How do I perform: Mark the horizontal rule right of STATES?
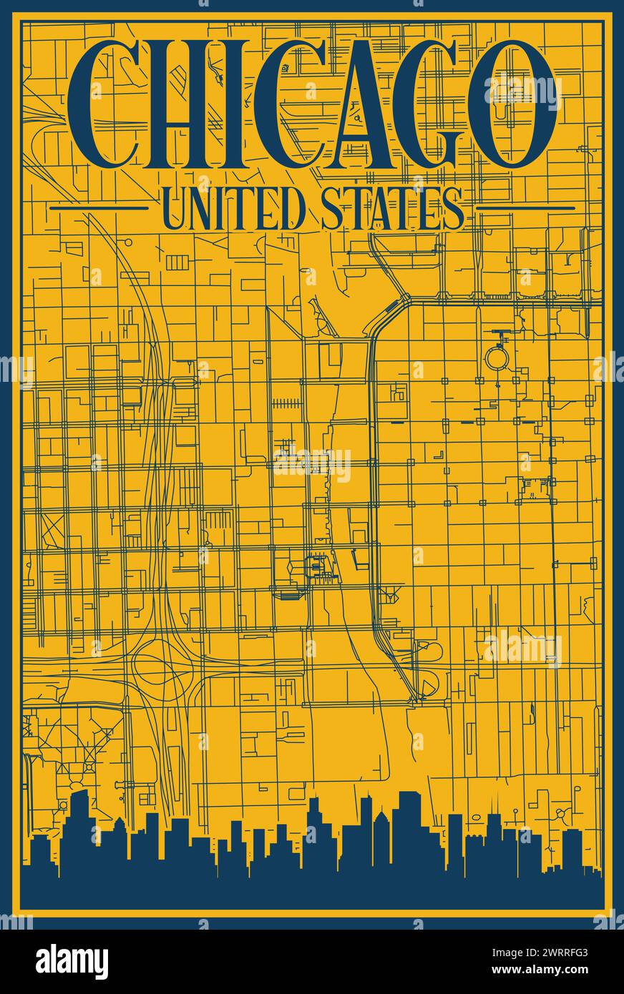click(525, 208)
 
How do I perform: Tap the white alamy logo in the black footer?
click(72, 962)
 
